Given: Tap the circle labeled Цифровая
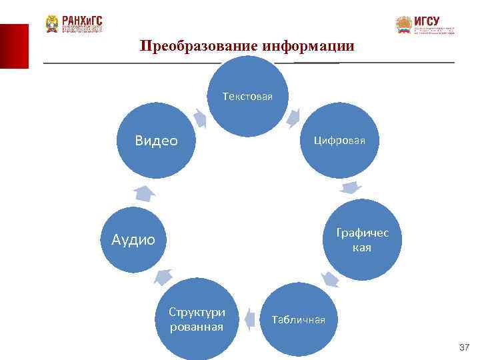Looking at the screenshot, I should click(340, 141).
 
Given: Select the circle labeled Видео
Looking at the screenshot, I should click(156, 141).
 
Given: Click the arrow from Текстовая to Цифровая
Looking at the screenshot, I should click(293, 118).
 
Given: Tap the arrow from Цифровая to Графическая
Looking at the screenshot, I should click(353, 189).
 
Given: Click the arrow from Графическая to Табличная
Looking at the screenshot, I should click(329, 279).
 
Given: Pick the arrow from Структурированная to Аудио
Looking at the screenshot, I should click(163, 276).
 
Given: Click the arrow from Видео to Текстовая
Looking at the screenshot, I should click(199, 118).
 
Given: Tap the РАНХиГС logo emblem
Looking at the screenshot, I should click(52, 24).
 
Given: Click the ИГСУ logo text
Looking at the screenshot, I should click(427, 21).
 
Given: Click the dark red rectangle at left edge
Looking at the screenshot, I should click(14, 46).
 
